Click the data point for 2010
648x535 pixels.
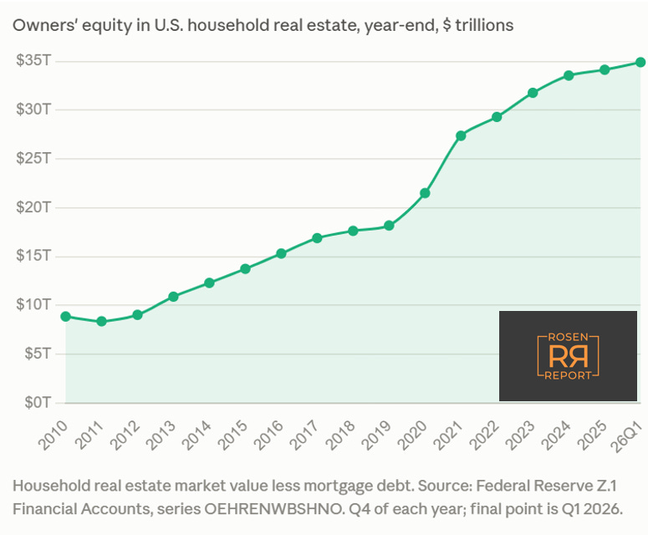[x=65, y=317]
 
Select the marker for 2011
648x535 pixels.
[x=101, y=321]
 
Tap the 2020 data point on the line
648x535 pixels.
[x=425, y=193]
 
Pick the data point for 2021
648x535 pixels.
[x=461, y=135]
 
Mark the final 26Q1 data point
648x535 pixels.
[x=640, y=62]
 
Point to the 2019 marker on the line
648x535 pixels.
[x=389, y=226]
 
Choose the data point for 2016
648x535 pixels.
[x=281, y=253]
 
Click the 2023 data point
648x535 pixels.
[x=533, y=93]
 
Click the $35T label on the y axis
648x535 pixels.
[x=33, y=60]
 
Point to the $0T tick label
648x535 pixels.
[x=37, y=402]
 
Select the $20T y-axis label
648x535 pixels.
[x=33, y=207]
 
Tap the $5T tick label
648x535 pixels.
[x=37, y=354]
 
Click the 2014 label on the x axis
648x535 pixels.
[x=196, y=436]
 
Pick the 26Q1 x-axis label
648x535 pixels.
[x=628, y=436]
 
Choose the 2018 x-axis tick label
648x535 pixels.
[x=339, y=436]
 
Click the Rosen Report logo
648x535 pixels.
[x=568, y=356]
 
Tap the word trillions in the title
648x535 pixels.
[x=484, y=25]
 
